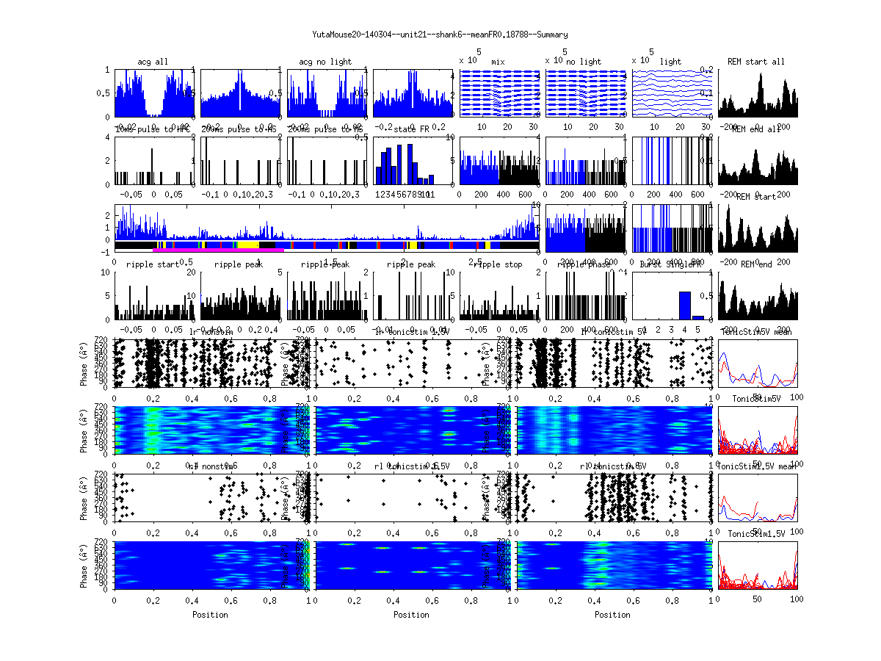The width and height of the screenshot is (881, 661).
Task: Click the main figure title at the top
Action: [440, 35]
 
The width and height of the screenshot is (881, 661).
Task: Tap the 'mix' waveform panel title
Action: [498, 62]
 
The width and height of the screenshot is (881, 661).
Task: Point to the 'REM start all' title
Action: [756, 62]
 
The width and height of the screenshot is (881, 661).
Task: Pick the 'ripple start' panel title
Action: [152, 264]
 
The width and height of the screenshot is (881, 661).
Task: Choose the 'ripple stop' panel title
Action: [498, 264]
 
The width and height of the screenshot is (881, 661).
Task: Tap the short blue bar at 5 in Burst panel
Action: [697, 317]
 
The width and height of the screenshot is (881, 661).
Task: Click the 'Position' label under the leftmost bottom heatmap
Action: [210, 615]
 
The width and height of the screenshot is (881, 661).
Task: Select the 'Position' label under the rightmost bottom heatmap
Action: [613, 615]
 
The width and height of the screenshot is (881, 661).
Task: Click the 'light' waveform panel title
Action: [670, 62]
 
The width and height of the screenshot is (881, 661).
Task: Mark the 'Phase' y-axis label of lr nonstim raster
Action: [84, 363]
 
